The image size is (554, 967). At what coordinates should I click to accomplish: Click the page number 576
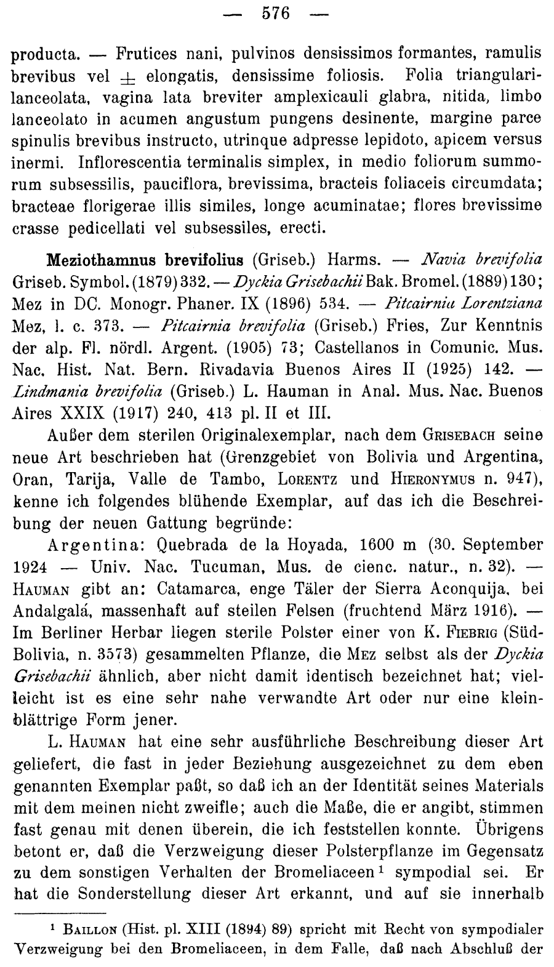click(276, 13)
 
